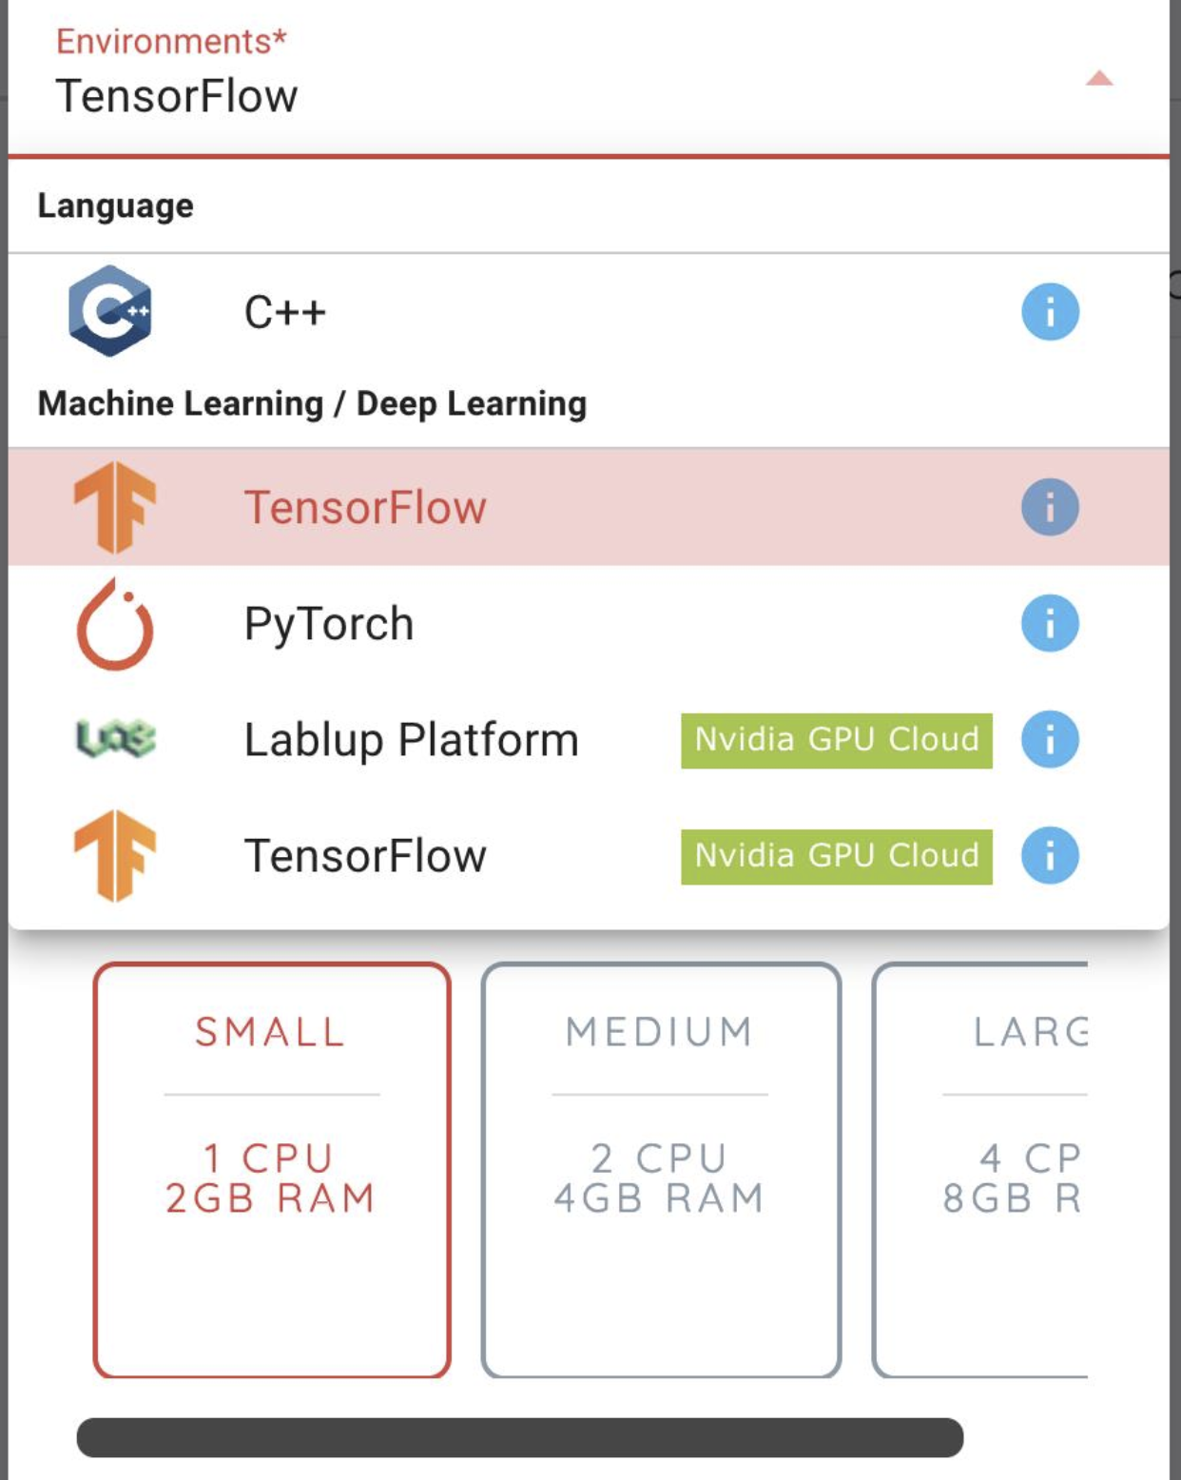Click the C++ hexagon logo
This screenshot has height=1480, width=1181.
110,311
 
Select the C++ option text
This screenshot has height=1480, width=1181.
284,312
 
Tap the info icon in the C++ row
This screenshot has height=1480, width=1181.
1050,312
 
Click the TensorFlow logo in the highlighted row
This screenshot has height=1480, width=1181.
115,508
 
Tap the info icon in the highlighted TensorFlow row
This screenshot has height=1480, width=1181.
1050,507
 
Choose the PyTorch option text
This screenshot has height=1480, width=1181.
329,625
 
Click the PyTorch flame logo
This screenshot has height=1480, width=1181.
115,624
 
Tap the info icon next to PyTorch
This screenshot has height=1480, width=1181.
1050,623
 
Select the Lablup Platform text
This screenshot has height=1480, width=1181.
412,740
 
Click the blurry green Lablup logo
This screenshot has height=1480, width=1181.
115,739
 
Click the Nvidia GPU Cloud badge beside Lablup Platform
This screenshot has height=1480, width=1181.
837,741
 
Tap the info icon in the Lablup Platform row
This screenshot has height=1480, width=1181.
1050,739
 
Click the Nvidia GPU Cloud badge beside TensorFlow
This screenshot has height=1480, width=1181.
837,857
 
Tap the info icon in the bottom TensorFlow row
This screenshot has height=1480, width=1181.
1050,855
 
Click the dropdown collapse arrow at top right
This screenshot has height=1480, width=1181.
1099,78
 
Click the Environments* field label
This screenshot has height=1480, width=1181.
171,41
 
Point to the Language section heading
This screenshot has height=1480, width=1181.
115,205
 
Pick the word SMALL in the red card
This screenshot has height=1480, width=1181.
270,1032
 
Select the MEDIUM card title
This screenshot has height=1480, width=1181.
659,1032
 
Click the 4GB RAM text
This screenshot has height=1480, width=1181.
659,1198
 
